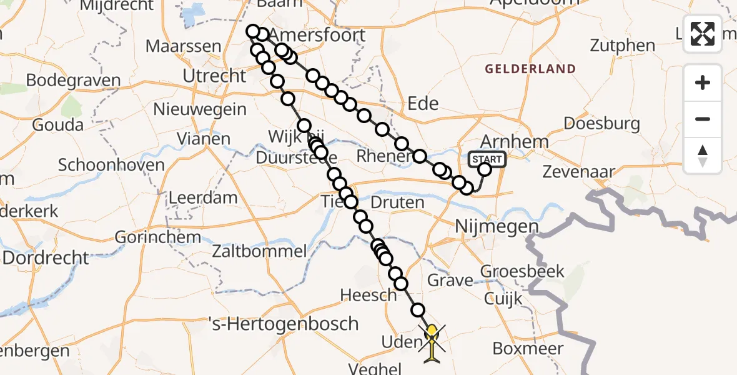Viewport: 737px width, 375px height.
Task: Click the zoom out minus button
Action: coord(703,119)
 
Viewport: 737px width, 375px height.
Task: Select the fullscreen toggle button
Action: coord(703,34)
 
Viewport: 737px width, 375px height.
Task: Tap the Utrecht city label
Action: coord(214,76)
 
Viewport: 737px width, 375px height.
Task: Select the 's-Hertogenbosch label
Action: coord(284,324)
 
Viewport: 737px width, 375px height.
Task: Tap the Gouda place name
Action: coord(57,124)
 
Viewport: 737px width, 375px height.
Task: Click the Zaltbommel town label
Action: coord(260,252)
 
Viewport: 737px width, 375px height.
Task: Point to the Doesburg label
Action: coord(602,123)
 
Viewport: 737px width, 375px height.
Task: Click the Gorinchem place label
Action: coord(158,237)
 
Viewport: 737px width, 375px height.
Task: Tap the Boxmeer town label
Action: coord(528,348)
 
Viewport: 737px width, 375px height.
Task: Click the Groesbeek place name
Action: coord(522,272)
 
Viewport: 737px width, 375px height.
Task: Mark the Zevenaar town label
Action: coord(579,171)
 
